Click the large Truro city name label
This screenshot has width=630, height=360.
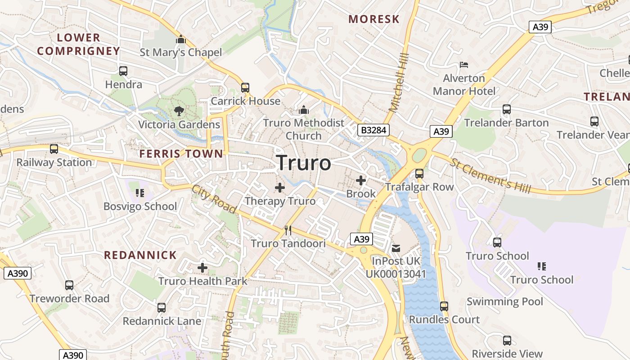(304, 163)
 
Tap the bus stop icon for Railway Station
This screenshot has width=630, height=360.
(54, 149)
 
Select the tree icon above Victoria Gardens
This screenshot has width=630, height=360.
(179, 111)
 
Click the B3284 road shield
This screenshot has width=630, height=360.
(373, 130)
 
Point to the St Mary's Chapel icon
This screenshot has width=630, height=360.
(181, 40)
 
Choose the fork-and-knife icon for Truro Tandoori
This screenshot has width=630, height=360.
(288, 230)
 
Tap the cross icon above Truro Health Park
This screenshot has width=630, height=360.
(202, 268)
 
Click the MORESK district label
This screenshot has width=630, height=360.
(374, 19)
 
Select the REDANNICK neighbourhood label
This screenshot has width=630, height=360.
(140, 255)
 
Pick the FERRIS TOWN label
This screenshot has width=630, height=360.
(181, 154)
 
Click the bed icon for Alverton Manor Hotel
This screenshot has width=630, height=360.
(464, 65)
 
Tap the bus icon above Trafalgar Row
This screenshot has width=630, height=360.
(419, 173)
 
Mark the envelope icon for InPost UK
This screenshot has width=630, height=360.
(396, 248)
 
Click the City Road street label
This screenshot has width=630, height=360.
(214, 199)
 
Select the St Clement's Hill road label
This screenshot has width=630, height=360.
(490, 176)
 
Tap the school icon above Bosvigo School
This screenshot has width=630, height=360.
(139, 193)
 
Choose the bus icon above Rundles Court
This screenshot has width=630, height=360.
(444, 306)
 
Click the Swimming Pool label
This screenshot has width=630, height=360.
(505, 301)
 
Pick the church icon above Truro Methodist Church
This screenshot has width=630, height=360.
(304, 110)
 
